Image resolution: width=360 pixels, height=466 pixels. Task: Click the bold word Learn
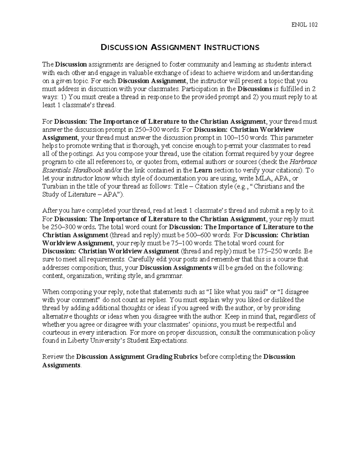click(x=203, y=170)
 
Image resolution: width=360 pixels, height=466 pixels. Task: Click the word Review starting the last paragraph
click(x=53, y=357)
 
